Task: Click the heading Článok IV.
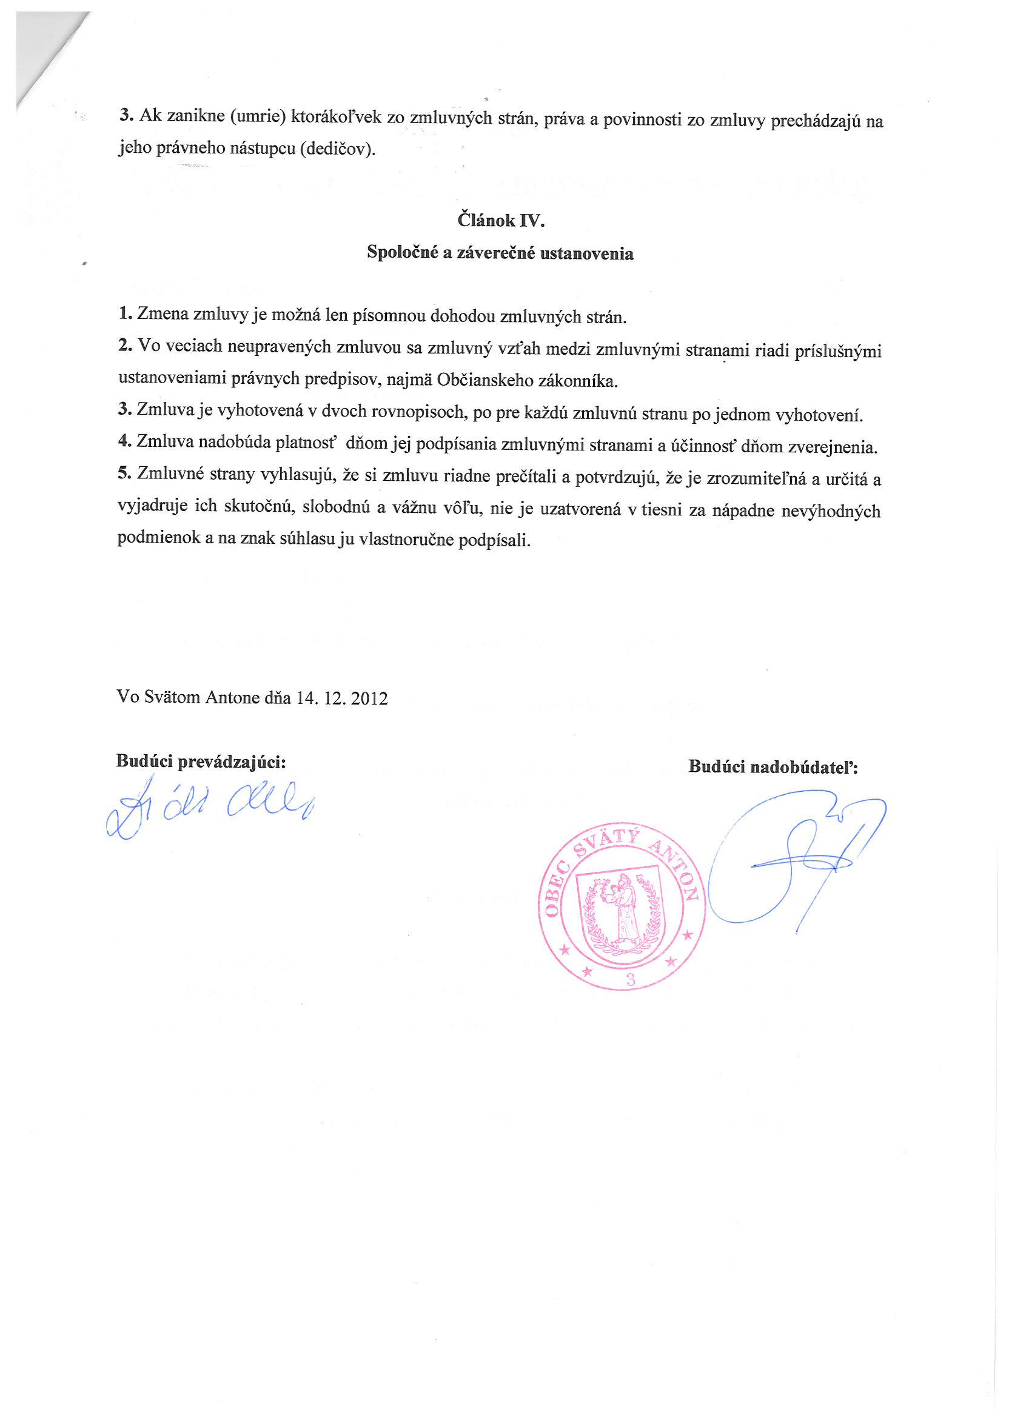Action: tap(501, 220)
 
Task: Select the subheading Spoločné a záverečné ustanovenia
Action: tap(500, 253)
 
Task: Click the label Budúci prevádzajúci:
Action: tap(201, 762)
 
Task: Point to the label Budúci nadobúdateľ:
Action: tap(773, 767)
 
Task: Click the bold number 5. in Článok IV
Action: tap(124, 474)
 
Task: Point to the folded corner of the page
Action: tap(47, 53)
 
